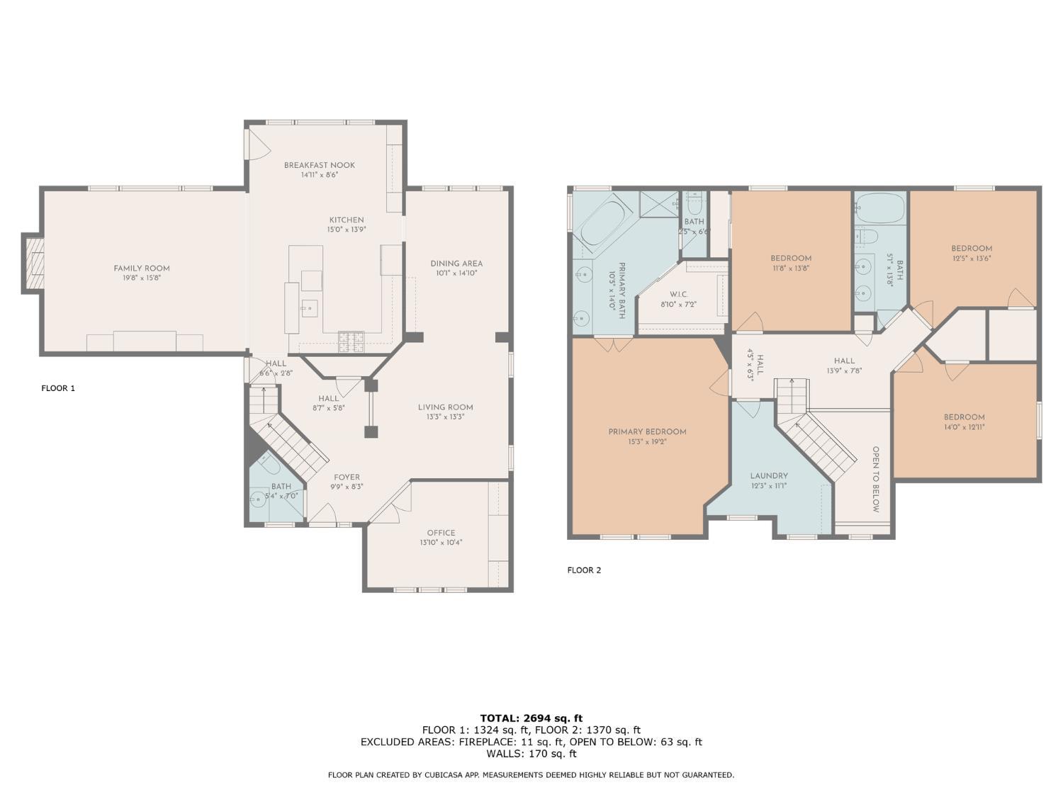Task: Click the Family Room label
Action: point(142,269)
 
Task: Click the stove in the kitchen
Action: point(351,342)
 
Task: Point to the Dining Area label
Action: point(456,264)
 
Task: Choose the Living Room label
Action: point(445,407)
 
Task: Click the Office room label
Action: point(441,533)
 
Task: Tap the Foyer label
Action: point(347,477)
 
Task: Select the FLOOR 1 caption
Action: point(58,388)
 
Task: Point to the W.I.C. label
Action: point(679,294)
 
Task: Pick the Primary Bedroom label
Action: point(647,432)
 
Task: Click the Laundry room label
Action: point(769,476)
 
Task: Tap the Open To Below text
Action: point(875,480)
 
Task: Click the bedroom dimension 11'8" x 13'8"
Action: point(791,269)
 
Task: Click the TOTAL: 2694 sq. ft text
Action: point(531,718)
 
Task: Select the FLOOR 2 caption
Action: point(584,570)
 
